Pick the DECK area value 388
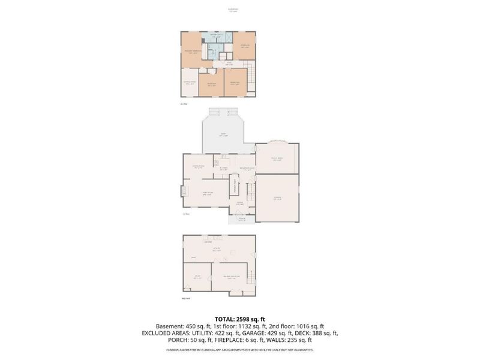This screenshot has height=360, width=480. [x=318, y=334]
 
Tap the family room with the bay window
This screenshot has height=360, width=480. [x=277, y=159]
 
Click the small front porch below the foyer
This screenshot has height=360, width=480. [x=242, y=219]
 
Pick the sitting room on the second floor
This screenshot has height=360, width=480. [x=190, y=84]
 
